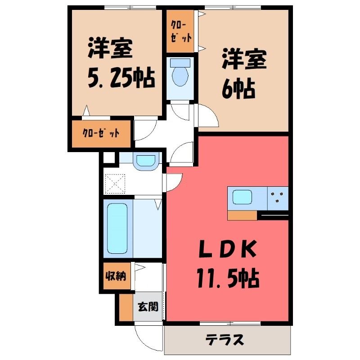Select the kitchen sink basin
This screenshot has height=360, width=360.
click(x=242, y=197)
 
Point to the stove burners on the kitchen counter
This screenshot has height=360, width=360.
click(x=278, y=197)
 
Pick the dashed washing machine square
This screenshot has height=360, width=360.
click(x=115, y=184)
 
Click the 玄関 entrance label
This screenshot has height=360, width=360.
click(x=148, y=306)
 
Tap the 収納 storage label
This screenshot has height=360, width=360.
click(x=116, y=275)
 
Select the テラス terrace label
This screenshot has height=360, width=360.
click(x=224, y=340)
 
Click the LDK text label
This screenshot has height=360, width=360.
click(x=227, y=249)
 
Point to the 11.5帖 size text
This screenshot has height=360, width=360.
click(x=228, y=279)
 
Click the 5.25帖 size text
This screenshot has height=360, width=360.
click(x=121, y=77)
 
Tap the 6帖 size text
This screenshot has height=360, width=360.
click(x=238, y=88)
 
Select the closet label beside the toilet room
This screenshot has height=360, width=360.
click(x=181, y=32)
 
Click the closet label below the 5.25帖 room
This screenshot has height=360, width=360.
click(x=101, y=133)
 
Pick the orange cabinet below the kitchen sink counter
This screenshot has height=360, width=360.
click(x=242, y=216)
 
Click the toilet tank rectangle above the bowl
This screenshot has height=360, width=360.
click(x=180, y=63)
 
